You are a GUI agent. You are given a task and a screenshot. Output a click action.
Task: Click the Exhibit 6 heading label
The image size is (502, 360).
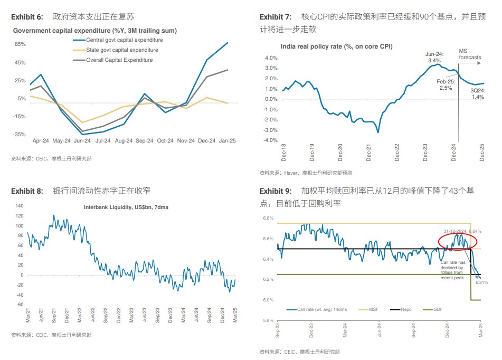tap(27, 17)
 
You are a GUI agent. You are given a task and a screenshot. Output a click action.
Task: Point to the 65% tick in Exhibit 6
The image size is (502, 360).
tap(20, 44)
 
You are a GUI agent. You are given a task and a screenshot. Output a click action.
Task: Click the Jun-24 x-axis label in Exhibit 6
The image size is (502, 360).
tap(82, 141)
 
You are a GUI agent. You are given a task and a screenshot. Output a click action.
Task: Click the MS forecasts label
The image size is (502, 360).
tap(469, 53)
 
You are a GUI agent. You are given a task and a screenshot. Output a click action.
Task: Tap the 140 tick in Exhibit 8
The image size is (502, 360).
tap(20, 206)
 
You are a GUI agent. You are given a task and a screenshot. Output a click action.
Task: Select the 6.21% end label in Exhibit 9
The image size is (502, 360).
tap(481, 283)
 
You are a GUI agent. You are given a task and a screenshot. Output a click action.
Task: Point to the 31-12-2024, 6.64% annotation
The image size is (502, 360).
tap(462, 231)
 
